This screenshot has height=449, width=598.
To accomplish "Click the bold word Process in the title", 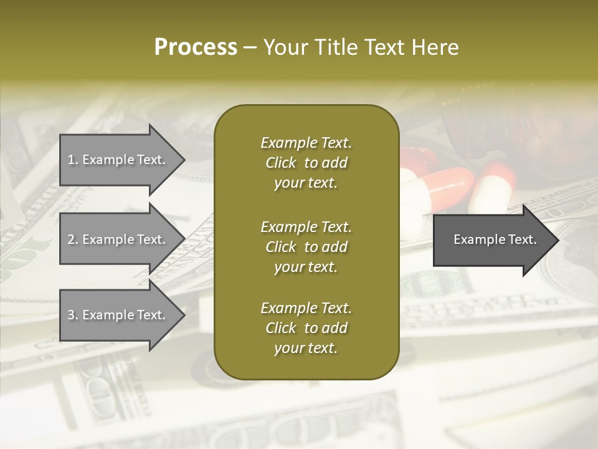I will coord(196,47).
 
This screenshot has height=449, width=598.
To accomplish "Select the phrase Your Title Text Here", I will coord(361,47).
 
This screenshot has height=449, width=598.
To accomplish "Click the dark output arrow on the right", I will coord(492,239).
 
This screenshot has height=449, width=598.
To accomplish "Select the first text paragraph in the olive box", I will coord(306,163).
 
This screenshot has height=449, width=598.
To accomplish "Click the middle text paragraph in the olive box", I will coord(306,247).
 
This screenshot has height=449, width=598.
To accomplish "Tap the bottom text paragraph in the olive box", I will coord(306,328).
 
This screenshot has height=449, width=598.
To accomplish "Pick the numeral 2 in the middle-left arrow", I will coord(72,239).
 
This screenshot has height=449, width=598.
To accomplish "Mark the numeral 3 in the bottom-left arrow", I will coord(72,315).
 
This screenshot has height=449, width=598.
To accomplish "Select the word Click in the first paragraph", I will coord(281,163).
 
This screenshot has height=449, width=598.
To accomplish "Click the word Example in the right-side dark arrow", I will coord(475,239).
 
